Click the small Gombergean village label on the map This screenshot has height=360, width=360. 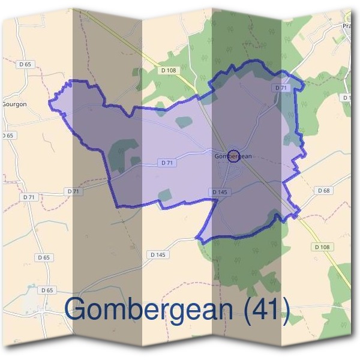pos(233,156)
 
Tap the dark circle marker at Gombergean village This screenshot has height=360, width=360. pos(234,154)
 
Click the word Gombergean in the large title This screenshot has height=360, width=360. pos(149,308)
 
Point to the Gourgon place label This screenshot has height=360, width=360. pos(14,103)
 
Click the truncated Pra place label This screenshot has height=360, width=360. pos(347,26)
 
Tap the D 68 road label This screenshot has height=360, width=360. pos(322,190)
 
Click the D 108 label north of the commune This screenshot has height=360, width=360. pos(169,71)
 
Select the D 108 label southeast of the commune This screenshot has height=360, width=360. pos(322,247)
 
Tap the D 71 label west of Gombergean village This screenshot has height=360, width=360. pos(167,163)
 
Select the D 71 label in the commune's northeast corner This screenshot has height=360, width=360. pos(281,88)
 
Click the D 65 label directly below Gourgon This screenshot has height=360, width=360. pos(7,136)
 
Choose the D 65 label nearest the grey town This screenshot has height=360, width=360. pos(47,290)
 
